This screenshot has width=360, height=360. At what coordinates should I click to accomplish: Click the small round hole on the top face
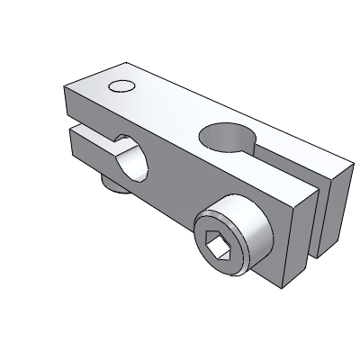121,86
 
